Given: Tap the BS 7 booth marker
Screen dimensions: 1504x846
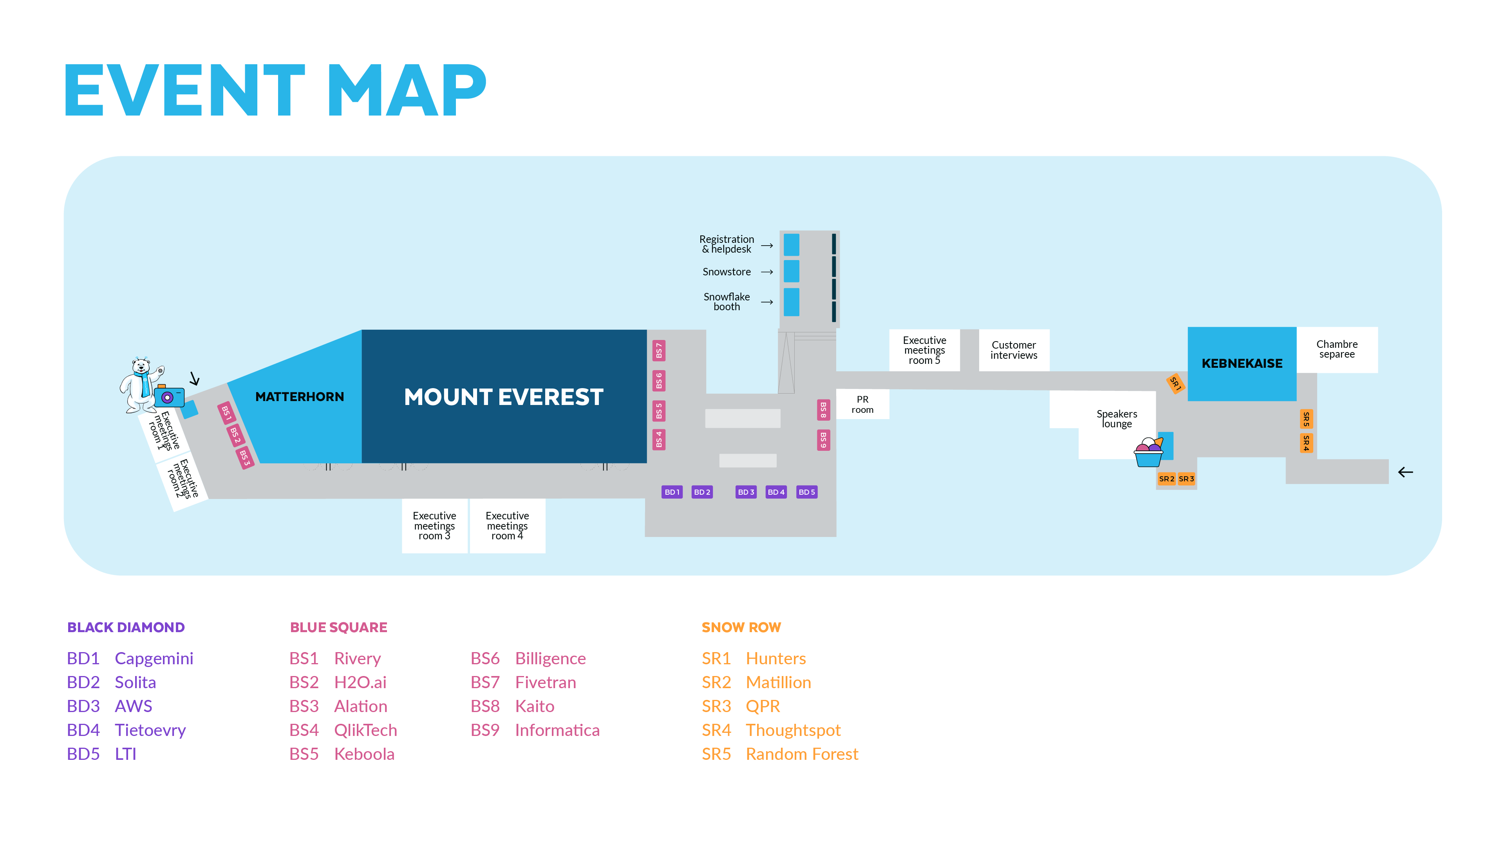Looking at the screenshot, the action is tap(658, 350).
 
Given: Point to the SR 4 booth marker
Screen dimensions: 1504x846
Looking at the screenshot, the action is tap(1306, 443).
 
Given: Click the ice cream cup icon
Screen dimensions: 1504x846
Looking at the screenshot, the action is tap(1148, 452).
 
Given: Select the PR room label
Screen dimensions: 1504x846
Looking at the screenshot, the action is tap(862, 404).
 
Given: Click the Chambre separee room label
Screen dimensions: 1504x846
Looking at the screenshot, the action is tap(1336, 349).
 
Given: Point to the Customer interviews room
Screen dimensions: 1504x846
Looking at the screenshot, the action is tap(1014, 350).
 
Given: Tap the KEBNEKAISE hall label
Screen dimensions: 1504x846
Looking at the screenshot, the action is tap(1242, 363).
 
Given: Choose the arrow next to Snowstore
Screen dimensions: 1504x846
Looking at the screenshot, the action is tap(766, 272).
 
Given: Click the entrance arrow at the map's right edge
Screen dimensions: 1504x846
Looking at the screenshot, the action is tap(1405, 472).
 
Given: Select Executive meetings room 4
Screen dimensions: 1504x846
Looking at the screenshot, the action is tap(507, 526).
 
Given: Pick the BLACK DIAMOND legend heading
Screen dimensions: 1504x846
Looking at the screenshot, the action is tap(126, 627).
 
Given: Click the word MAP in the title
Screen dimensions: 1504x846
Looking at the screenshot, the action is tap(407, 90).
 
